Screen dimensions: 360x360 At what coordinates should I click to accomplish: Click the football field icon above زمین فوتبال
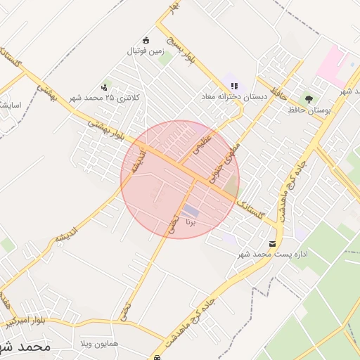[146, 40]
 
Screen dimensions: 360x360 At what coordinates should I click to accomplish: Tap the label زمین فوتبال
[145, 51]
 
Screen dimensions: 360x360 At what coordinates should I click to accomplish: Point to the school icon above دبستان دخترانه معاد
[234, 85]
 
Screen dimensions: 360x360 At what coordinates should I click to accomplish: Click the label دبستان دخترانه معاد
[235, 96]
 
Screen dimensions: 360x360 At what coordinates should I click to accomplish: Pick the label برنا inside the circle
[190, 221]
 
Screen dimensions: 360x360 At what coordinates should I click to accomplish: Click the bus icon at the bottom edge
[157, 357]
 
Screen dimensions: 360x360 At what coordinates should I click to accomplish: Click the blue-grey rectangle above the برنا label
[191, 210]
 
